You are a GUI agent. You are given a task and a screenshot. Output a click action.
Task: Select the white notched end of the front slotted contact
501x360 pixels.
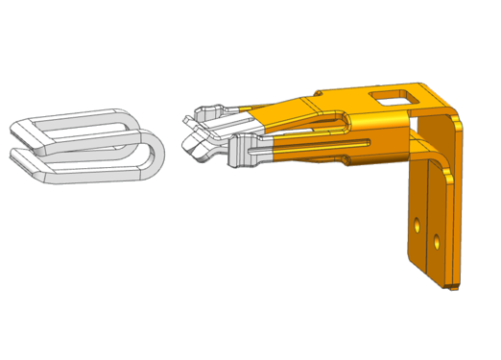click(240, 154)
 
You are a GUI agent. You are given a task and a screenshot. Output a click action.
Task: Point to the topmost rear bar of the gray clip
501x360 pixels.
click(77, 114)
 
